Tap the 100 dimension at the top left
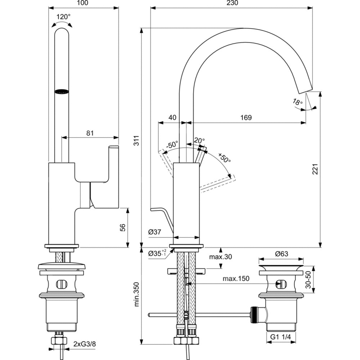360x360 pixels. pos(82,3)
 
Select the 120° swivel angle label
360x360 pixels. pos(63,17)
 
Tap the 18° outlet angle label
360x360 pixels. pos(297,102)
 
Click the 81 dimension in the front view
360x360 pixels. pos(90,133)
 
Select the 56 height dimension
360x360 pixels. pos(122,228)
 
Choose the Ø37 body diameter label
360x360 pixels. pos(154,233)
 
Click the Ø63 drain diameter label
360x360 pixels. pos(282,254)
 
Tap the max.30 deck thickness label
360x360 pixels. pos(221,257)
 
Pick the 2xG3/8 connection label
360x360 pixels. pos(84,344)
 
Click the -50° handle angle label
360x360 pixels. pos(172,145)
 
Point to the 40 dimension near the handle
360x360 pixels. pos(172,118)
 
